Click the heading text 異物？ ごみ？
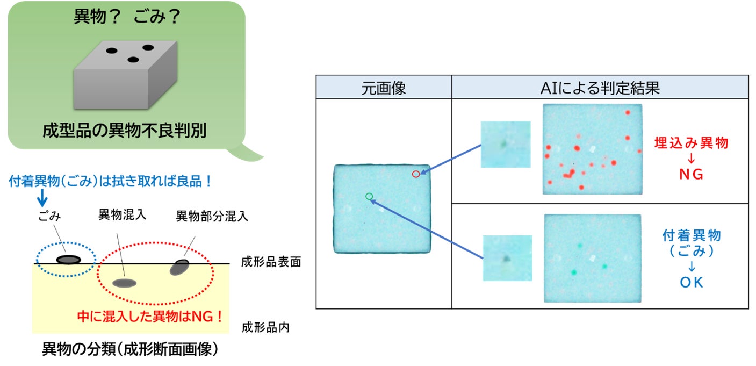point(126,17)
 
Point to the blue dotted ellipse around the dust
point(66,260)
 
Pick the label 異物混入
point(122,215)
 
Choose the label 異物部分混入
point(212,217)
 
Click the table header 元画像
point(383,88)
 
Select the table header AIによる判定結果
point(600,88)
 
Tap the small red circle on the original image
point(415,174)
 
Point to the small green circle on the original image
point(369,196)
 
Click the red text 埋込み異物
point(691,143)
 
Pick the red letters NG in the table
point(691,175)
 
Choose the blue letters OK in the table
point(691,282)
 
